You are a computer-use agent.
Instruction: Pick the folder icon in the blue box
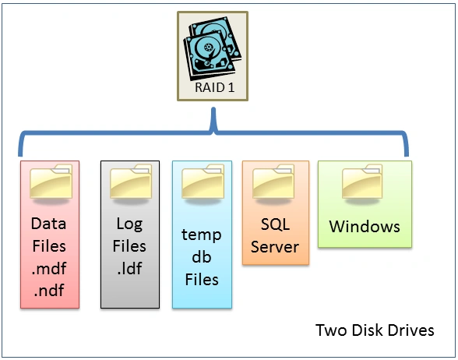(x=202, y=183)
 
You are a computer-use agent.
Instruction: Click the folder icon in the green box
(x=365, y=182)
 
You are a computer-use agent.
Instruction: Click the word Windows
(x=365, y=227)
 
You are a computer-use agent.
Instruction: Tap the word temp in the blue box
(x=202, y=235)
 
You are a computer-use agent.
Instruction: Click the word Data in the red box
(x=48, y=224)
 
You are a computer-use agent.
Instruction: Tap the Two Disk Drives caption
(x=375, y=330)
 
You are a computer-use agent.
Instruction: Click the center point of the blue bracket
(x=213, y=125)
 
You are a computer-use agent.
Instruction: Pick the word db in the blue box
(x=202, y=256)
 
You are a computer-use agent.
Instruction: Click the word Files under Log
(x=129, y=247)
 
